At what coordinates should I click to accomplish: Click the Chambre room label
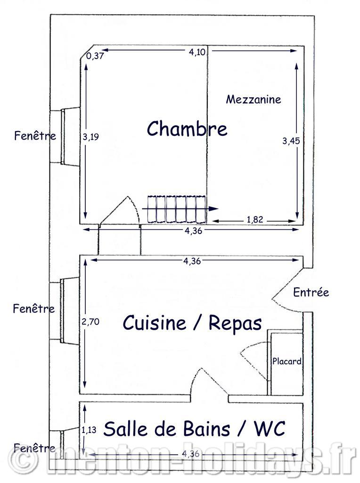click(x=187, y=128)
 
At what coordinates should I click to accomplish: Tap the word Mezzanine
click(x=254, y=99)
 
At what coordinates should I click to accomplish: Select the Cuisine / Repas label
click(x=192, y=323)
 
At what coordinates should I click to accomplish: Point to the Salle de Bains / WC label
click(x=195, y=428)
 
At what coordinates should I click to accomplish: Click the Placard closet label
click(x=287, y=361)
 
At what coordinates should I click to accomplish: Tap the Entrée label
click(x=311, y=292)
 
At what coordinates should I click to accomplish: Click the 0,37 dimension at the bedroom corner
click(x=95, y=56)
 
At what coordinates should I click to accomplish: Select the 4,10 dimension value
click(x=197, y=52)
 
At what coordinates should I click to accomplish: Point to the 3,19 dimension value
click(x=91, y=137)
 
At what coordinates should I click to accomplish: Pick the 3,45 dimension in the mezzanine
click(x=291, y=141)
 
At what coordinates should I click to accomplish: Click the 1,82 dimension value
click(x=255, y=219)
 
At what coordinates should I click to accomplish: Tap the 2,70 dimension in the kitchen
click(x=90, y=322)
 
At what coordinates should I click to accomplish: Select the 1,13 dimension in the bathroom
click(x=89, y=430)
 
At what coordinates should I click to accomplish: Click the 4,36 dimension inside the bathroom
click(x=191, y=454)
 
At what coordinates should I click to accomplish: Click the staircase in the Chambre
click(x=177, y=209)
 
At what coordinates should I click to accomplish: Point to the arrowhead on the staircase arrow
click(x=213, y=208)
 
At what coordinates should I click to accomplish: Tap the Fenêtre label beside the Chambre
click(x=35, y=135)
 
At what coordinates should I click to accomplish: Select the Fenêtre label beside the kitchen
click(x=34, y=308)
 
